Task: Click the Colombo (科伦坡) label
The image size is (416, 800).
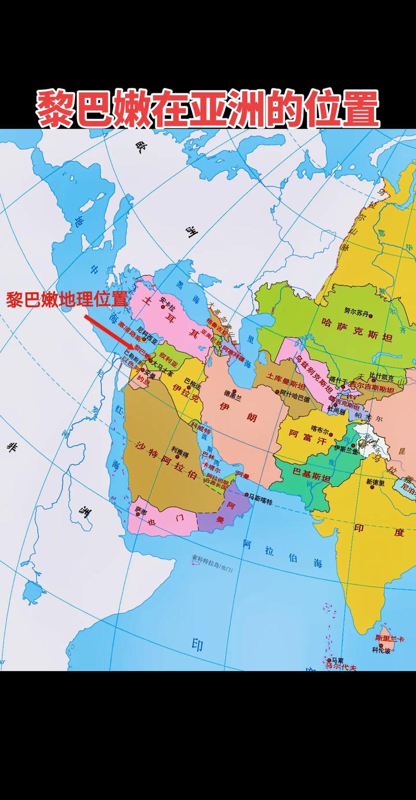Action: tap(381, 650)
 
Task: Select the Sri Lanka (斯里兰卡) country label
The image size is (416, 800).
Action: tap(389, 638)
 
